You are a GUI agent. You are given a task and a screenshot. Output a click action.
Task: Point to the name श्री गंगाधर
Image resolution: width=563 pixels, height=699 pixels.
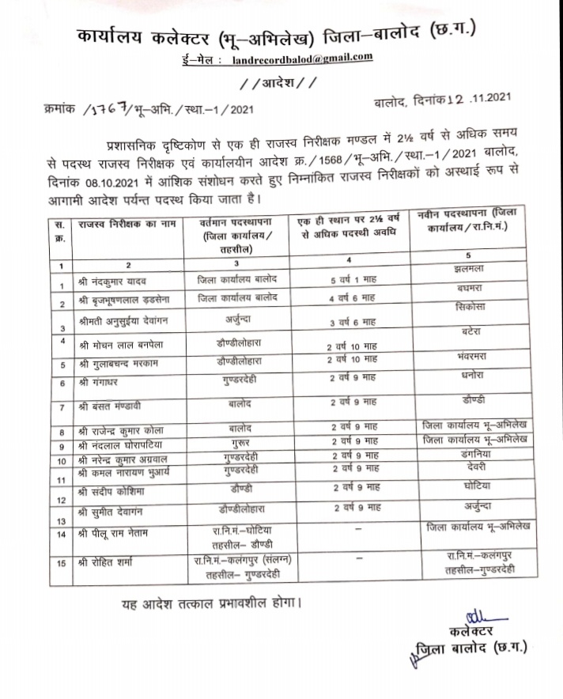coord(104,382)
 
